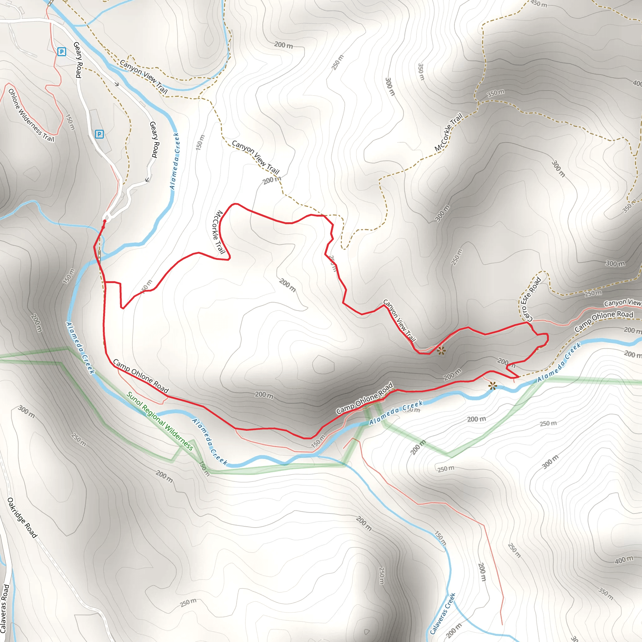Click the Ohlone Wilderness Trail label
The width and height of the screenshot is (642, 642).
point(31,115)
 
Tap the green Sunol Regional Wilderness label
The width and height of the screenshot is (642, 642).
point(160,421)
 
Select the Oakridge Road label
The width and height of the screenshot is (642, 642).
point(22,517)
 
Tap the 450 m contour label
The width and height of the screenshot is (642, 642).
point(539,4)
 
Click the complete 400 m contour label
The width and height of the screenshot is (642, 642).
point(624,560)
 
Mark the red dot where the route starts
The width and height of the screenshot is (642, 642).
point(105,221)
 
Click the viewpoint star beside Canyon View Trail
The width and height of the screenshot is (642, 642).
point(441,350)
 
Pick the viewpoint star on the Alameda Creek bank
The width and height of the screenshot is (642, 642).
point(492,386)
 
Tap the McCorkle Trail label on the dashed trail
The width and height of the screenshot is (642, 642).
point(449,132)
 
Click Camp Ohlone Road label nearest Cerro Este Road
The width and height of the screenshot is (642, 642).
point(604,321)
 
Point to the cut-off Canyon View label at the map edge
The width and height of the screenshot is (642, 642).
point(622,303)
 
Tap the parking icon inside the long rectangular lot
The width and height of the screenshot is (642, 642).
point(99,134)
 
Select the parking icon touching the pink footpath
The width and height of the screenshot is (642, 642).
point(61,51)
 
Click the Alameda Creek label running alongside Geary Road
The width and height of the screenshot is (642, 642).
point(175,161)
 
